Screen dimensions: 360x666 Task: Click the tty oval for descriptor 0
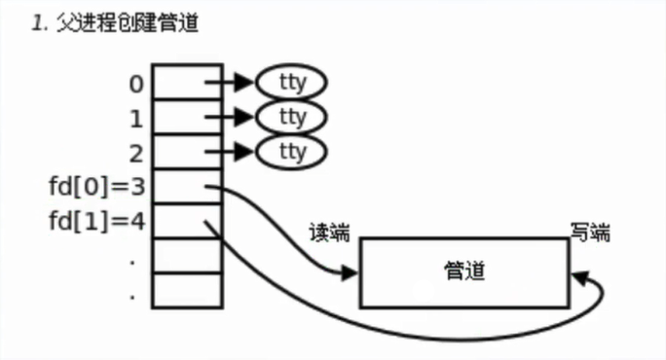[x=291, y=83]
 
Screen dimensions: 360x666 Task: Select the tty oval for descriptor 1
[x=291, y=117]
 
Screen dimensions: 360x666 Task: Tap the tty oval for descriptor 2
[x=291, y=151]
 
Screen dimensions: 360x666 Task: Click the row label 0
[x=136, y=84]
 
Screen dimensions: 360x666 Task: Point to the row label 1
[x=136, y=118]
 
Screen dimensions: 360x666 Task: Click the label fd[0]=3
[x=95, y=185]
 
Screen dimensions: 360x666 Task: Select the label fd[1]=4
[x=95, y=220]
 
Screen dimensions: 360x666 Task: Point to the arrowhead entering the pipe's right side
[x=580, y=278]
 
